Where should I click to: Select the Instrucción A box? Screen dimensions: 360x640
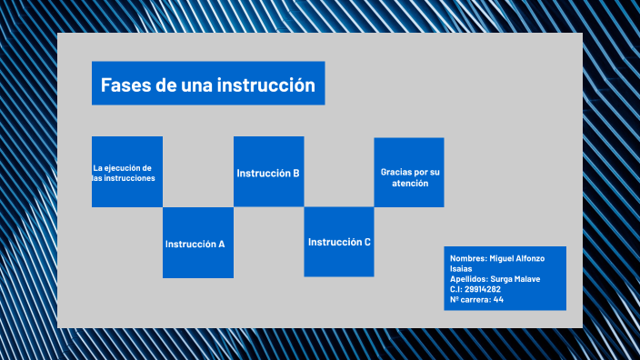coord(198,243)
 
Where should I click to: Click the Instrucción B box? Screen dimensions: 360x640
coord(268,172)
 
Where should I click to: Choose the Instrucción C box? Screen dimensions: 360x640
coord(339,242)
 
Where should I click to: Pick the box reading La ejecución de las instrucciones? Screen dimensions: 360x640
coord(126,172)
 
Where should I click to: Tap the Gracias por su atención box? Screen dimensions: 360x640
coord(409,172)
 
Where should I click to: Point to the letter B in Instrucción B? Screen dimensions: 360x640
coord(296,173)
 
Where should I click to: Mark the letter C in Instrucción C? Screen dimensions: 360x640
coord(367,242)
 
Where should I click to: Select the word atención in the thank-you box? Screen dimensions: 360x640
coord(409,184)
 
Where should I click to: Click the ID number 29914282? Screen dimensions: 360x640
coord(482,289)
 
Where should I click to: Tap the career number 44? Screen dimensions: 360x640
coord(498,299)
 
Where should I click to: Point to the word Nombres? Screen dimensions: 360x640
coord(467,259)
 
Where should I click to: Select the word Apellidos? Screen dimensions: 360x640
coord(469,279)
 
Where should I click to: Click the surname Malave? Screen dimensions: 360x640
coord(526,279)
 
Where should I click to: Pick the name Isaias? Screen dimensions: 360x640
coord(461,269)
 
